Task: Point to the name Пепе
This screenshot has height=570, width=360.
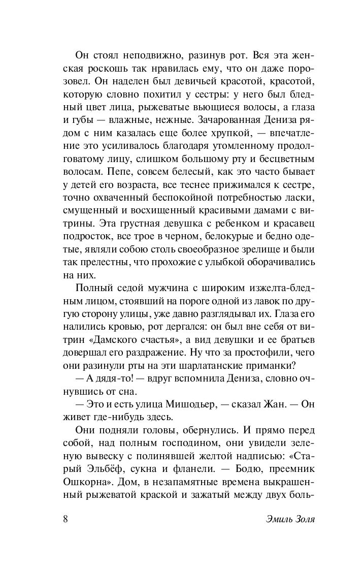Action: [x=119, y=174]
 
